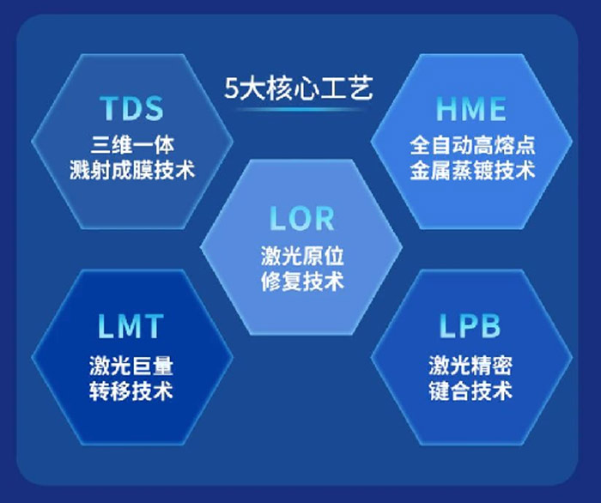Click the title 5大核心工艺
(x=299, y=89)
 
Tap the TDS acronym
(x=132, y=108)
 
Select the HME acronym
(x=471, y=109)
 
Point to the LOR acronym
(x=302, y=219)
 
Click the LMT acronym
(x=131, y=326)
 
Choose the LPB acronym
(x=470, y=326)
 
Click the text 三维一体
(x=132, y=145)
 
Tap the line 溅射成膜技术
(x=132, y=170)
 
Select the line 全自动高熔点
(x=472, y=145)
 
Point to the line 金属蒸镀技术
(x=472, y=170)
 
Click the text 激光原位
(x=302, y=256)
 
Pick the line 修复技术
(x=302, y=281)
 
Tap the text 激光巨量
(x=131, y=366)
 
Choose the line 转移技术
(x=131, y=391)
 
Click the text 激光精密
(x=470, y=366)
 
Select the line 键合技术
(x=470, y=391)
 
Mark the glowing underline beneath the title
(x=299, y=110)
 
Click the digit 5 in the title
(x=231, y=89)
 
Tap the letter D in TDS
(x=132, y=108)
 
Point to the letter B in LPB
(x=490, y=326)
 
